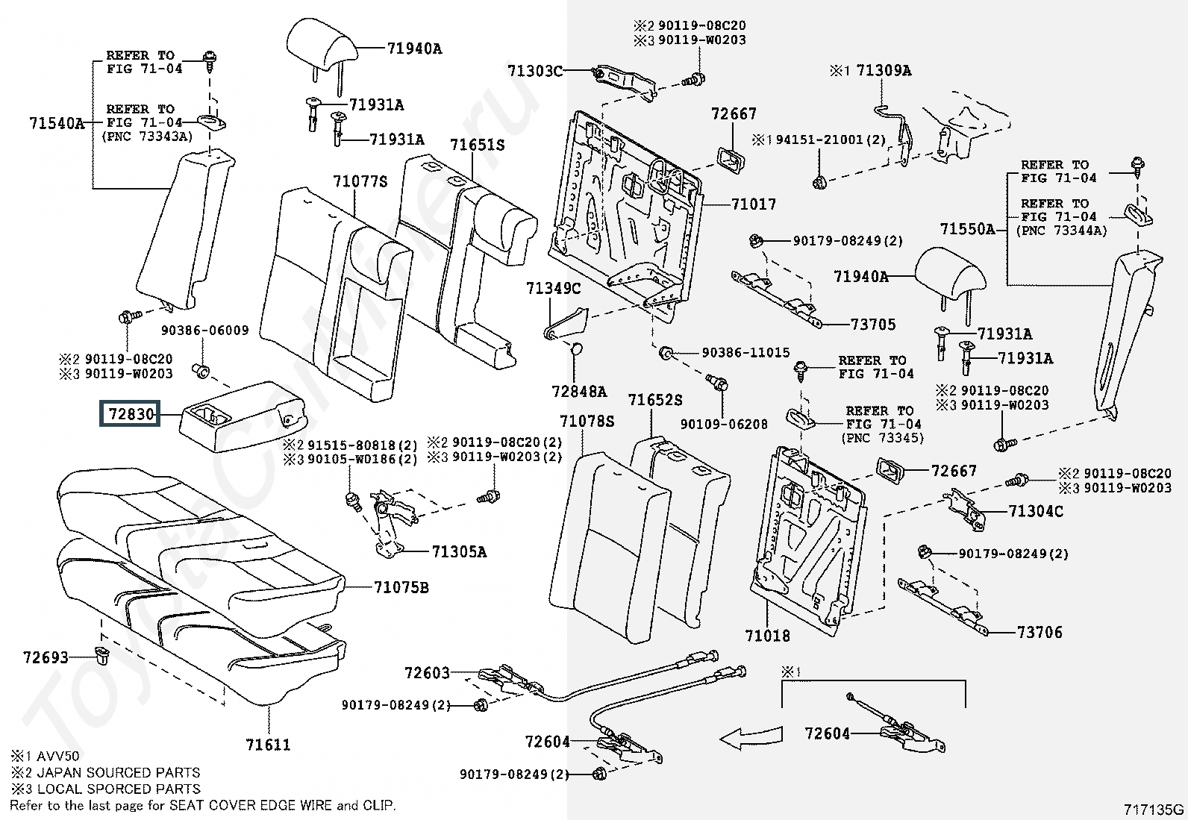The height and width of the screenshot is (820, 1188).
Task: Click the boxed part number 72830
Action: click(x=131, y=413)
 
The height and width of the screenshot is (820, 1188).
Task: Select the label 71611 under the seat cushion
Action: click(x=267, y=744)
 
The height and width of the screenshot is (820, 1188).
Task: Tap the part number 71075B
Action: click(x=401, y=587)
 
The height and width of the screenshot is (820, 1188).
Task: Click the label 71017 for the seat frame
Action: click(x=753, y=204)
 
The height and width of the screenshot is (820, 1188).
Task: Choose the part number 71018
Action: click(x=766, y=636)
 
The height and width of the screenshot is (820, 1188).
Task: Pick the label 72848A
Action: click(x=579, y=391)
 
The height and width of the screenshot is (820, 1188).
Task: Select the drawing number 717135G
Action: click(x=1154, y=810)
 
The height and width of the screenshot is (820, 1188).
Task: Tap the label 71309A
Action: click(x=884, y=71)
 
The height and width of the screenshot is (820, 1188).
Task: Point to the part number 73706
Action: click(x=1039, y=632)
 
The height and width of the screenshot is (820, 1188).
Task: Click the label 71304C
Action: click(x=1035, y=511)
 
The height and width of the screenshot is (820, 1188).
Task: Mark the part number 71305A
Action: click(x=458, y=552)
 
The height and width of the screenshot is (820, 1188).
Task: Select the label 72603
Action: click(x=427, y=673)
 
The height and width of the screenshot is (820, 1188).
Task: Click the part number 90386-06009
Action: click(x=204, y=331)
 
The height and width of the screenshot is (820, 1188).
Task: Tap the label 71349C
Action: click(x=552, y=289)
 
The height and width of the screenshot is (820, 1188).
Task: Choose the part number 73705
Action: click(x=873, y=324)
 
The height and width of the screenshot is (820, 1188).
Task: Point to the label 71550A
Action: click(x=967, y=229)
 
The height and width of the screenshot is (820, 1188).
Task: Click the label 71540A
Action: click(x=57, y=122)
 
